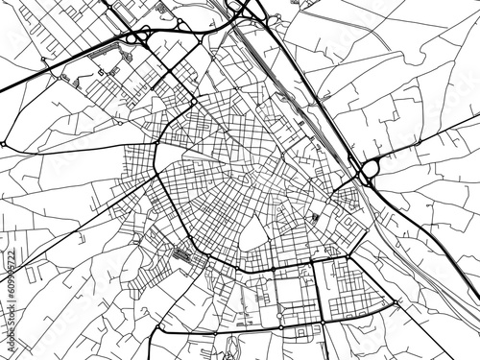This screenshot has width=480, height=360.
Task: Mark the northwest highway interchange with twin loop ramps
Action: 134,38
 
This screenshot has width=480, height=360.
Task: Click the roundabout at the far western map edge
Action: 4,143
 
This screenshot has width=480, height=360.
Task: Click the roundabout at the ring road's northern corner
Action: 193,102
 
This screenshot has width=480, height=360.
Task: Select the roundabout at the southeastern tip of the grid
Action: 394,303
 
